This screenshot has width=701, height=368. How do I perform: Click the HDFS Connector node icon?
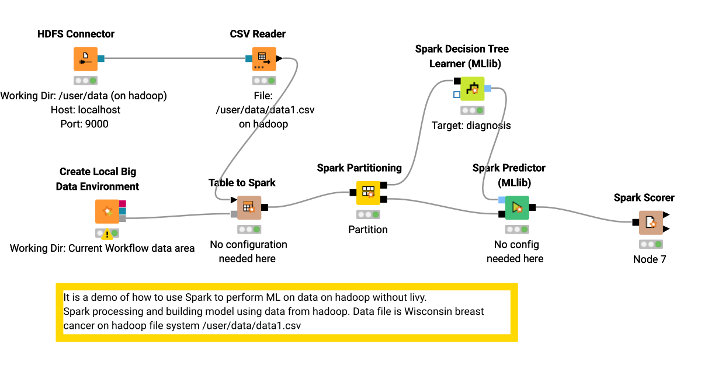(x=85, y=59)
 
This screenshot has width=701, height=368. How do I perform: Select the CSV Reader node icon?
(x=263, y=59)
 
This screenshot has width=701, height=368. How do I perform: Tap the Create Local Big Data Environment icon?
(x=107, y=211)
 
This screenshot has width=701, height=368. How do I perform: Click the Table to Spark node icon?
(x=249, y=207)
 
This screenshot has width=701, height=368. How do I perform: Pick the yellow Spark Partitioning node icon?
(x=368, y=193)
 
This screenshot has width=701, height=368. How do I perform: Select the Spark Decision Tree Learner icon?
(x=473, y=89)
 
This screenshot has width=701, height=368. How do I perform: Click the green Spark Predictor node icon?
(x=516, y=207)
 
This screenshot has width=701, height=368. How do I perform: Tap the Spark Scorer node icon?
(x=650, y=223)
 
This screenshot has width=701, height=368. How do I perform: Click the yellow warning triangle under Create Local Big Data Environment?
(x=107, y=235)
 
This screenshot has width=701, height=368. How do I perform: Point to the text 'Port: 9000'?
(x=84, y=124)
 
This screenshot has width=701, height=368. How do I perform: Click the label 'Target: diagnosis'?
(x=471, y=125)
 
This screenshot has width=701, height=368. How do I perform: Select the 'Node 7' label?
(x=649, y=259)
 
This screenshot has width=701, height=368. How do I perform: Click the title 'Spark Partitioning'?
(x=359, y=168)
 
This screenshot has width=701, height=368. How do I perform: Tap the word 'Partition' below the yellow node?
(x=368, y=230)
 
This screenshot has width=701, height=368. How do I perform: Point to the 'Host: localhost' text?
(x=84, y=110)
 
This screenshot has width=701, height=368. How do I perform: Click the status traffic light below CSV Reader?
(x=263, y=81)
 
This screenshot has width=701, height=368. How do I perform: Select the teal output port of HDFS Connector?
(x=101, y=58)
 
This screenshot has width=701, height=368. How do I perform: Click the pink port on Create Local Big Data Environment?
(x=123, y=203)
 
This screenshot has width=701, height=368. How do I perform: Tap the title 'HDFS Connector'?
(x=76, y=34)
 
